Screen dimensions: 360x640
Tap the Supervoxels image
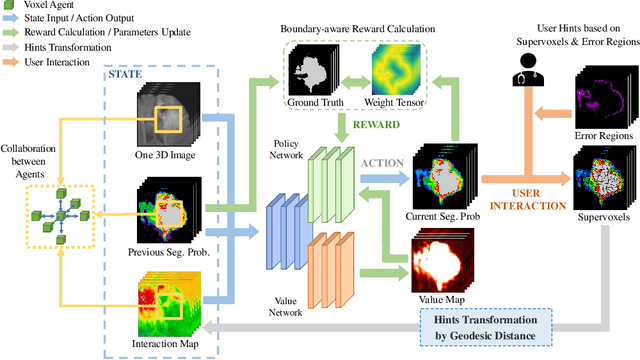point(603,178)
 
